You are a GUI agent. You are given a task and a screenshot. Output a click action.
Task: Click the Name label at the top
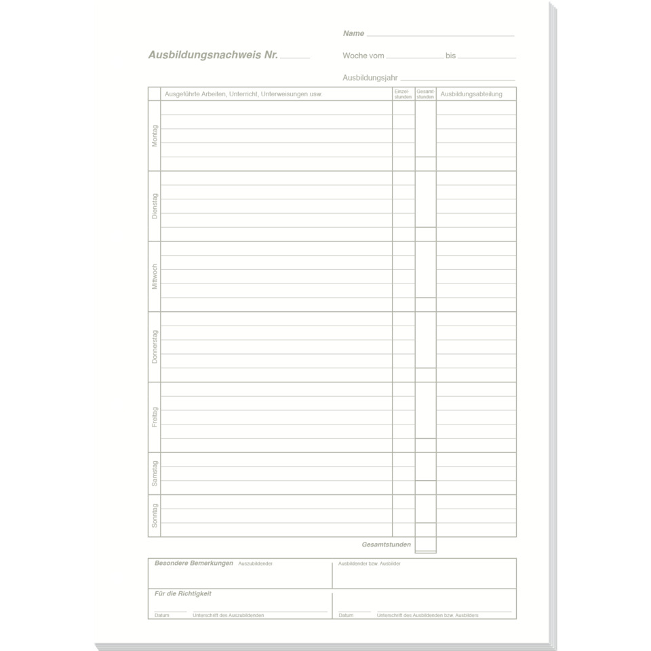353,33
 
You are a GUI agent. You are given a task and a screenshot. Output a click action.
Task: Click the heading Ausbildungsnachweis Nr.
213,56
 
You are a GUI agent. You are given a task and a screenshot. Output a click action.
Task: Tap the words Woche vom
363,56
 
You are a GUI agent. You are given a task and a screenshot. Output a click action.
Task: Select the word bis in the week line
451,56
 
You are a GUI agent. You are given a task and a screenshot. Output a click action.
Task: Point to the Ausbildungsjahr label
370,78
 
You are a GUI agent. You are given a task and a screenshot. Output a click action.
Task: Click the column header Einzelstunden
403,94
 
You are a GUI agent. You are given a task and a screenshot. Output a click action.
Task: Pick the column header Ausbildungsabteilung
471,94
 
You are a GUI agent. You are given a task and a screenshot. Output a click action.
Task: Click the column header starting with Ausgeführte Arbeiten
243,94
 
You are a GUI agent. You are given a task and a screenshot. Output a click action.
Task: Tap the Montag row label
155,136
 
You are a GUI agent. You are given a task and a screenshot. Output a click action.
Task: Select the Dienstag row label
155,206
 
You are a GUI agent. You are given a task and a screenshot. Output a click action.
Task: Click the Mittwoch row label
155,277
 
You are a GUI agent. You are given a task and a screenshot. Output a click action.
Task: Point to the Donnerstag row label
155,347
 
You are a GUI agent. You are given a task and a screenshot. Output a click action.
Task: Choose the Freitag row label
155,417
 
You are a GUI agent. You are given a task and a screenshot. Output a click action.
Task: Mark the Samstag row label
155,473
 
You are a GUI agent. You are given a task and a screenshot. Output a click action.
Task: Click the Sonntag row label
155,515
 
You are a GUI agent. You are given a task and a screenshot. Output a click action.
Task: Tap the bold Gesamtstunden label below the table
386,545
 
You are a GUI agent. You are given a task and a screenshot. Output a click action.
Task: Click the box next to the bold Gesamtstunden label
425,545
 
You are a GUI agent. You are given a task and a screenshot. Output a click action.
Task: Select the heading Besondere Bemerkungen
194,563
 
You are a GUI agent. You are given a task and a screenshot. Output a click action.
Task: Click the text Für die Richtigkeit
183,593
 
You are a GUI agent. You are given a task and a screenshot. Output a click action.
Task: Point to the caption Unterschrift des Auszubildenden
229,615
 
